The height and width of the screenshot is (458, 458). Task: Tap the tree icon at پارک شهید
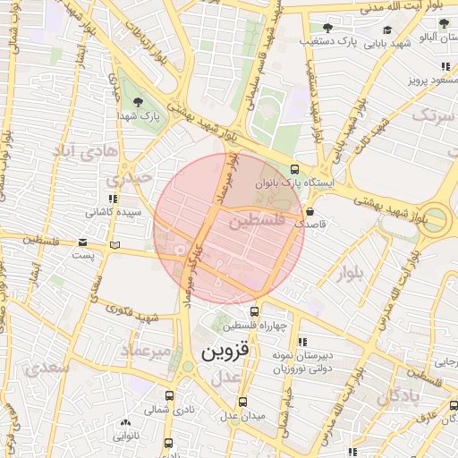(x=138, y=102)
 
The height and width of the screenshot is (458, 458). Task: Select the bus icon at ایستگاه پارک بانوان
(x=295, y=169)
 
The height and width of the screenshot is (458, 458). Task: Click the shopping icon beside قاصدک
(x=310, y=212)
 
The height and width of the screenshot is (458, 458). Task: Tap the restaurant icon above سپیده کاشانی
(x=112, y=199)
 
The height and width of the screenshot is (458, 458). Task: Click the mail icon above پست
(x=83, y=242)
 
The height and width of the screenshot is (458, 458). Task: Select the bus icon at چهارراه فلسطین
(x=255, y=312)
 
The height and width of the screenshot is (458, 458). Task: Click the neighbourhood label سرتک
(x=434, y=114)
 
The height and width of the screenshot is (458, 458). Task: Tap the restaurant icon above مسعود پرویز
(x=445, y=66)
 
